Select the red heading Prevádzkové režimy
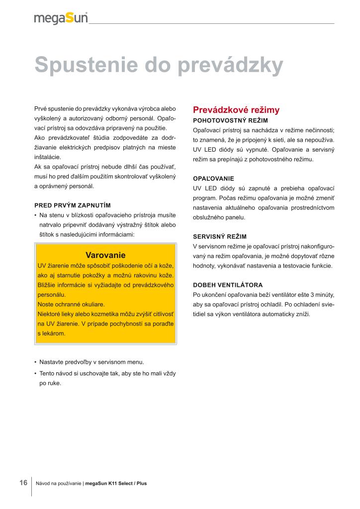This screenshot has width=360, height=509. coord(236,109)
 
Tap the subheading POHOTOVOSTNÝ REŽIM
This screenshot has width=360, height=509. coord(230,121)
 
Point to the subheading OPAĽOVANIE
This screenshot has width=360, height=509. coord(213,178)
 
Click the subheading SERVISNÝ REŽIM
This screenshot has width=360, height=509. coord(219,237)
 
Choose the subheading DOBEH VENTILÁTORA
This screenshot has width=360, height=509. coord(228,285)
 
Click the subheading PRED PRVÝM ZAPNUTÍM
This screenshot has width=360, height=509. coord(73,205)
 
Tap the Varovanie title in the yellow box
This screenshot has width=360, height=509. coord(105,255)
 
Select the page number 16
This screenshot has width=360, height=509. coord(23,483)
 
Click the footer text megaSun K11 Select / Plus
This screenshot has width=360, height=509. coord(116,483)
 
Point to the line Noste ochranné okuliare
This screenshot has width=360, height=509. coord(71,304)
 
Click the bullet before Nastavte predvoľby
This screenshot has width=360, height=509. coord(36,362)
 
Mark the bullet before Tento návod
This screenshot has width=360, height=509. coord(36,373)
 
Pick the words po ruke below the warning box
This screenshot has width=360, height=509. coord(50,383)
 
